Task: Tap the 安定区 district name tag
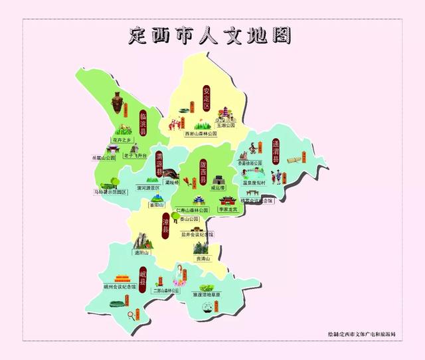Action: (x=207, y=98)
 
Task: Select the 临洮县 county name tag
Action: (x=143, y=124)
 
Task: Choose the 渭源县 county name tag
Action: (x=159, y=162)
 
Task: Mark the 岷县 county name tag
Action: (x=143, y=275)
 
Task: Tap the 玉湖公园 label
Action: (x=226, y=124)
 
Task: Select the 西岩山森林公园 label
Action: (x=201, y=134)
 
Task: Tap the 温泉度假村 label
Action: (x=254, y=182)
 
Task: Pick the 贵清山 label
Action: (x=202, y=258)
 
